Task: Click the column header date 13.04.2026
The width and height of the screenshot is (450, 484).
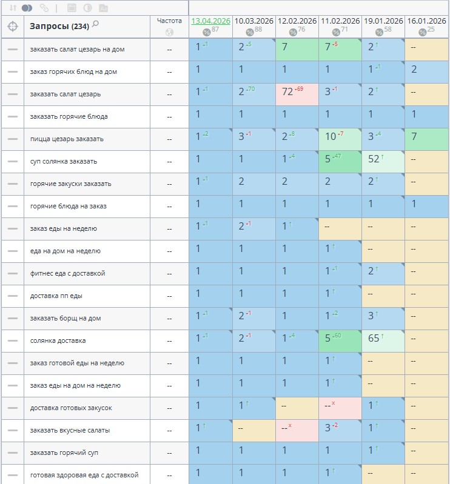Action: coord(211,21)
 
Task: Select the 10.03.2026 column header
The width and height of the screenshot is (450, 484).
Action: coord(254,21)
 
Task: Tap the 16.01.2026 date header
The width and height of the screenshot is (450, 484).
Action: coord(426,21)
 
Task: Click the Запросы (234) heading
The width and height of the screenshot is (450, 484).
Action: coord(59,26)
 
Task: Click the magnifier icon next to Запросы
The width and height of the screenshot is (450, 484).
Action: coord(95,24)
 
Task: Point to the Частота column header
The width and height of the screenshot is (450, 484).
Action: coord(169,21)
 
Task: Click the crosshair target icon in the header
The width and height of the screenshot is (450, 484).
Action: coord(13,27)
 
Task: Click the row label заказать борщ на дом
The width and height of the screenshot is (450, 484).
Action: coord(65,318)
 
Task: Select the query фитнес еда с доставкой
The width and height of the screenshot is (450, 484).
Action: coord(68,273)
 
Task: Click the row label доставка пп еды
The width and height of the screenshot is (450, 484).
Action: coord(56,296)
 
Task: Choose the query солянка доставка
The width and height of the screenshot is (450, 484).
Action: coord(58,341)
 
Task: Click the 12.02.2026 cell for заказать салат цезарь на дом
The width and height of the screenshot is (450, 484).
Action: coord(297,50)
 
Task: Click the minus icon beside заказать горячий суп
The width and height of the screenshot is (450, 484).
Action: coord(13,453)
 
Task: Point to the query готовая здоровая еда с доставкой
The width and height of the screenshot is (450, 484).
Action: coord(84,475)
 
